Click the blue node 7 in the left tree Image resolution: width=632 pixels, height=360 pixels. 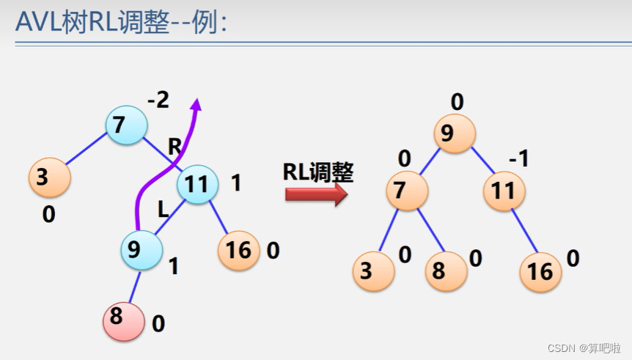[x=127, y=125]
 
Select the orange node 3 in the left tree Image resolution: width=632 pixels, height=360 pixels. [x=49, y=177]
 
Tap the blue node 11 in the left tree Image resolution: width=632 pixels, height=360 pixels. [x=198, y=184]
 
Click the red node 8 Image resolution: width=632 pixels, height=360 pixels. [x=123, y=320]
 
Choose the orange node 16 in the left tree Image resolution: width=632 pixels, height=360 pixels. [x=239, y=251]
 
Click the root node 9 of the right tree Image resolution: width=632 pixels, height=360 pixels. [x=455, y=133]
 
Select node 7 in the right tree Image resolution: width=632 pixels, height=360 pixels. [x=407, y=191]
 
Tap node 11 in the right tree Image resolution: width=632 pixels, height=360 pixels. [x=504, y=191]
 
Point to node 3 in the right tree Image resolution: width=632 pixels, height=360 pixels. [x=373, y=271]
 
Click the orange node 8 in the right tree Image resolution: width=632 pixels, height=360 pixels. [x=446, y=271]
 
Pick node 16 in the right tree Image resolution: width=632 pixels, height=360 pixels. [x=541, y=271]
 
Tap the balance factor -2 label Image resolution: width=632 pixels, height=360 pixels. [x=158, y=100]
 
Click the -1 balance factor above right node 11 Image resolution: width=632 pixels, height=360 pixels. [x=519, y=158]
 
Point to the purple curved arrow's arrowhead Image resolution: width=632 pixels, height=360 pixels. [x=195, y=105]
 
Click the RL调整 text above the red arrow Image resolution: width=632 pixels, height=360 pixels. [x=318, y=172]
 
